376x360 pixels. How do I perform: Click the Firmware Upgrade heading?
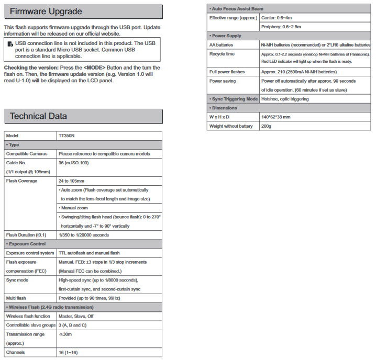45,11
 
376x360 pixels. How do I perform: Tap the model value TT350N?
67,136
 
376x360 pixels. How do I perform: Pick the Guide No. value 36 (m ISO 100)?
74,163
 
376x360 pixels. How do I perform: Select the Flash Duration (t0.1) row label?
26,234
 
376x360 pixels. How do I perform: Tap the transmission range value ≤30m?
65,334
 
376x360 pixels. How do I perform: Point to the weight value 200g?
267,126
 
